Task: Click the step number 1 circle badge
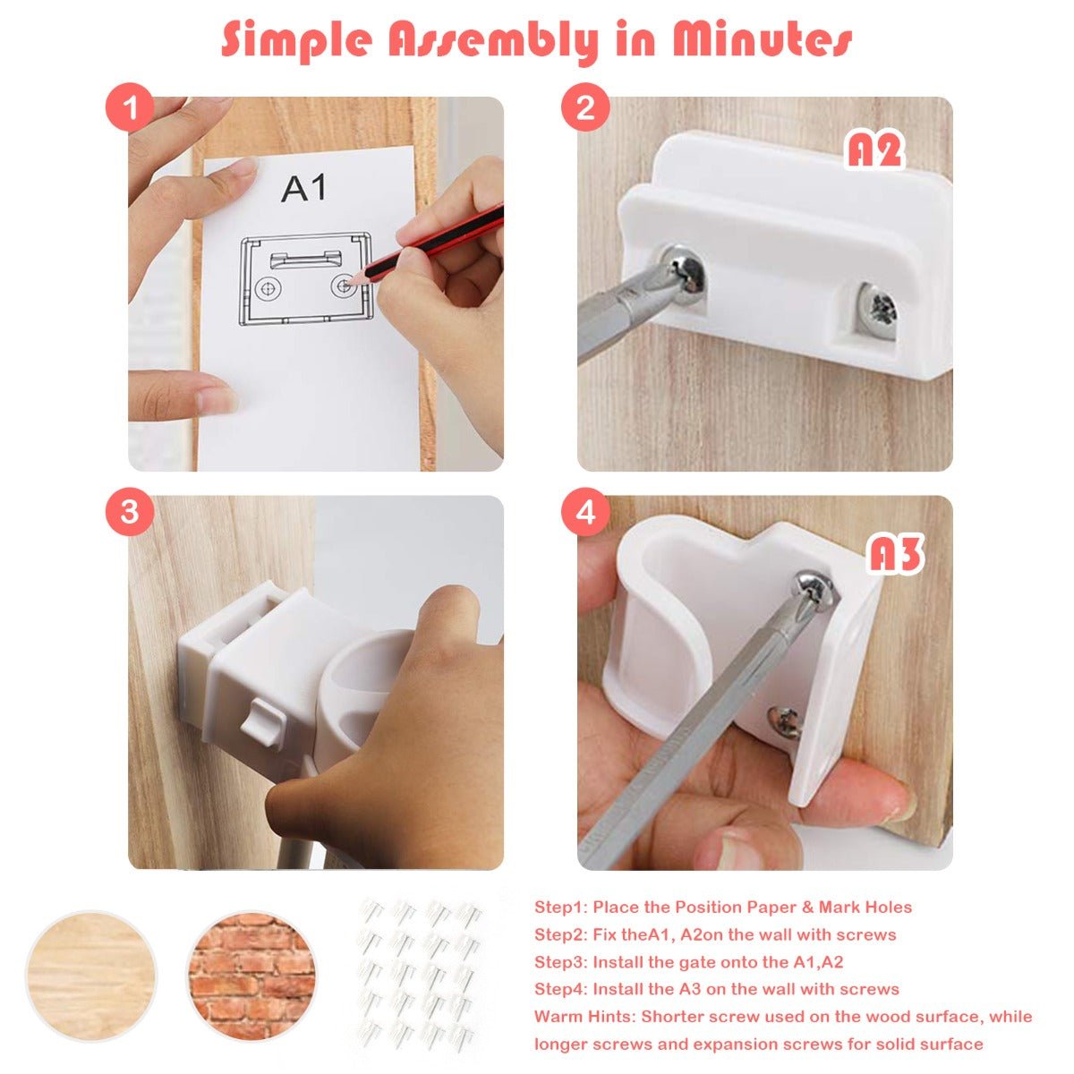(130, 107)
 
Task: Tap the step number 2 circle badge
(584, 107)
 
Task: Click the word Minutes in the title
(762, 40)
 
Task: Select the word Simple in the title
(296, 41)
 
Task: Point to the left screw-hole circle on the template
(268, 288)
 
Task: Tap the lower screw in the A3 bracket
(786, 721)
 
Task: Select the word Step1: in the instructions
(559, 907)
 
